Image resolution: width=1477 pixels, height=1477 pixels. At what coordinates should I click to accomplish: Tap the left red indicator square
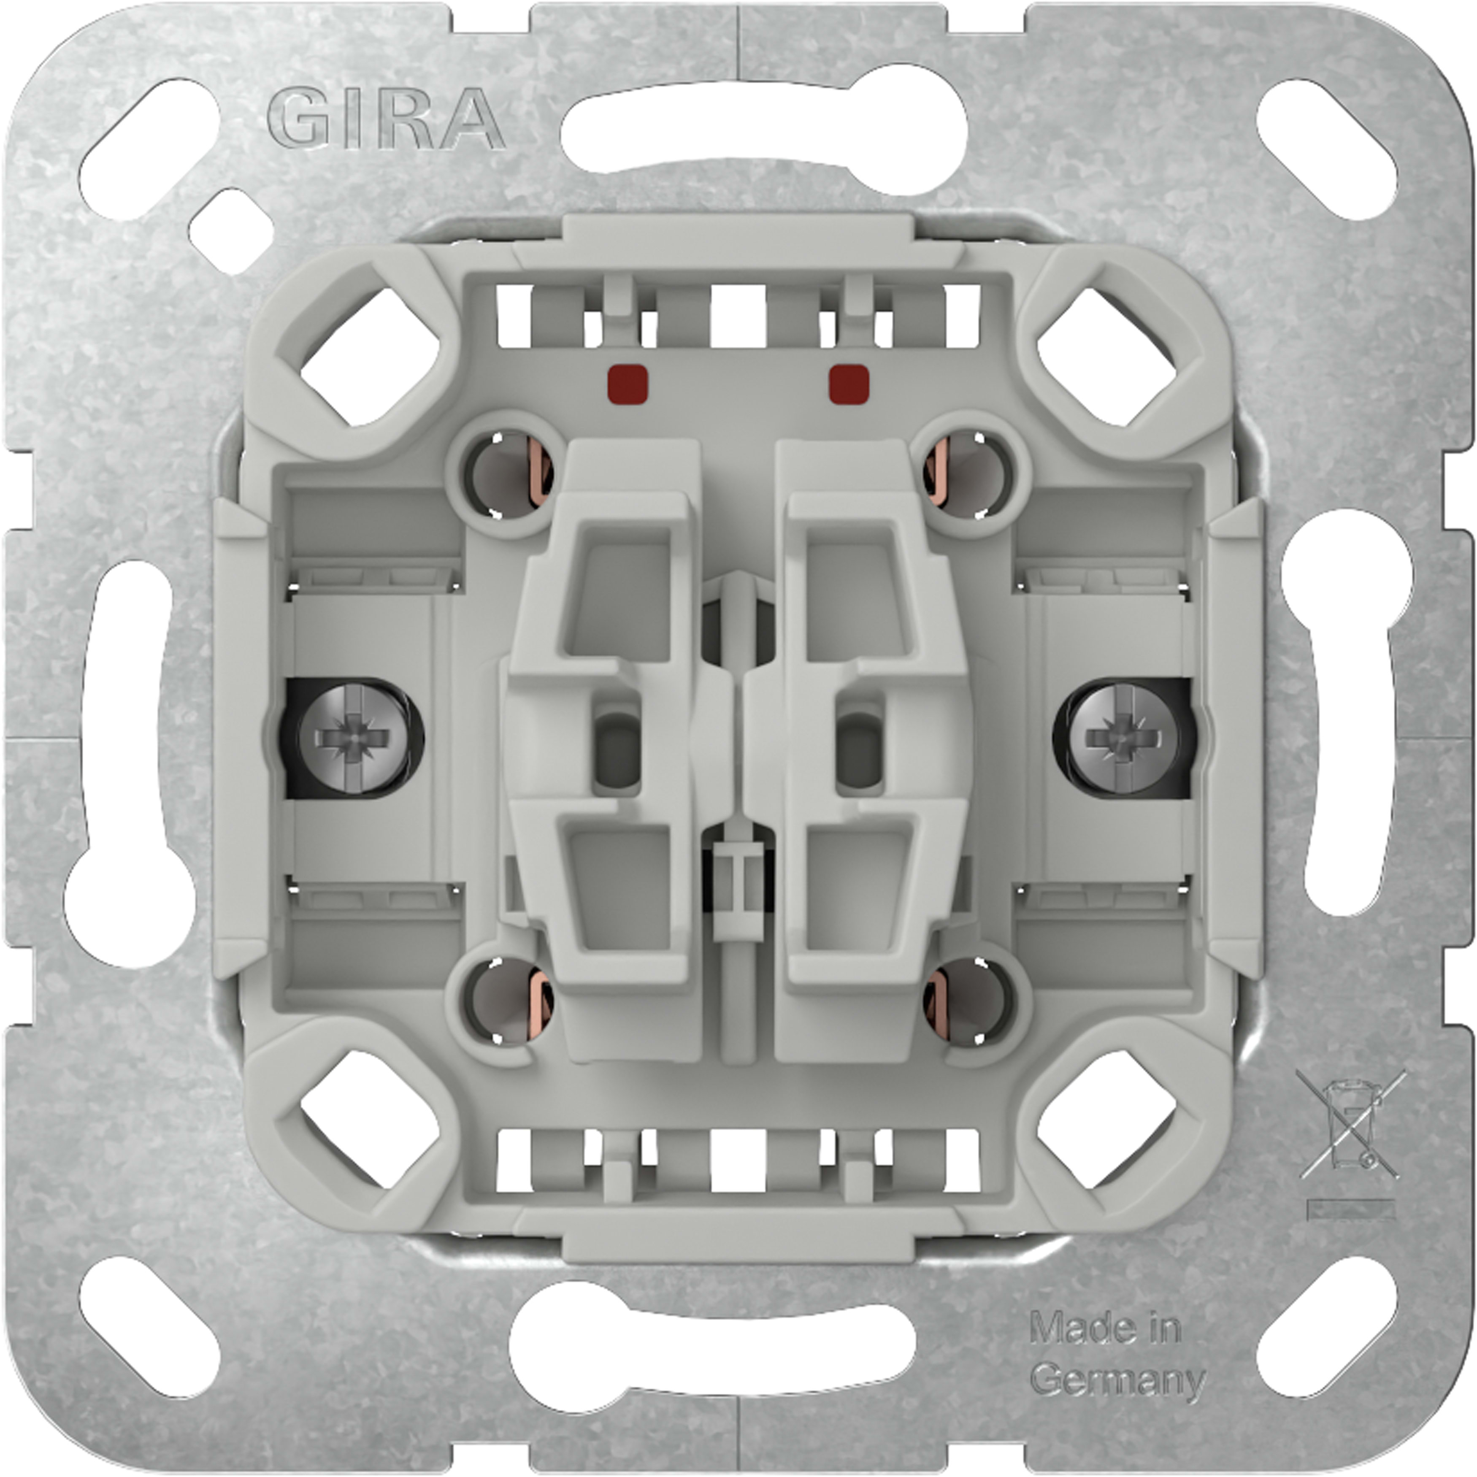(628, 384)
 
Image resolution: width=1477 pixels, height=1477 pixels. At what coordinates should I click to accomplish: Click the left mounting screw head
(344, 738)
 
